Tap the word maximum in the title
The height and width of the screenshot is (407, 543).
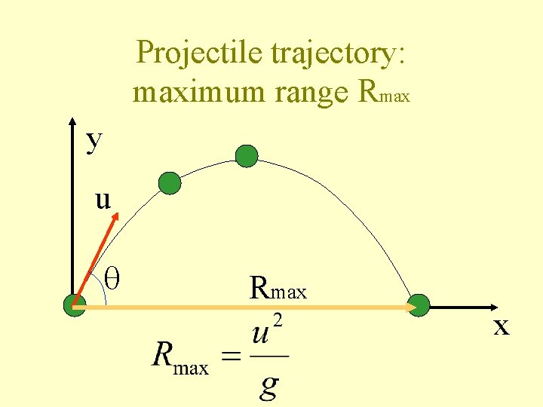pos(197,93)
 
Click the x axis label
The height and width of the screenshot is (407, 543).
pos(502,327)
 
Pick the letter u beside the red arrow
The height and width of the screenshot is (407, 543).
pos(103,200)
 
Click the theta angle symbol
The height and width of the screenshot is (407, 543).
pos(115,277)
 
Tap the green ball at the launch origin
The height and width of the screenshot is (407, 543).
pos(74,306)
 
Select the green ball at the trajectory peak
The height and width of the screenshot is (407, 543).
pos(247,156)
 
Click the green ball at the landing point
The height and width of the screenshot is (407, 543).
pos(419,305)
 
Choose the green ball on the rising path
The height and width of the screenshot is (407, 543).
pos(170,183)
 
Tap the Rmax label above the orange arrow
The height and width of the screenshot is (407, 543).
pos(278,288)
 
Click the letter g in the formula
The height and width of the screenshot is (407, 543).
pos(268,386)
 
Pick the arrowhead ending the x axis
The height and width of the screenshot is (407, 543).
pos(494,308)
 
